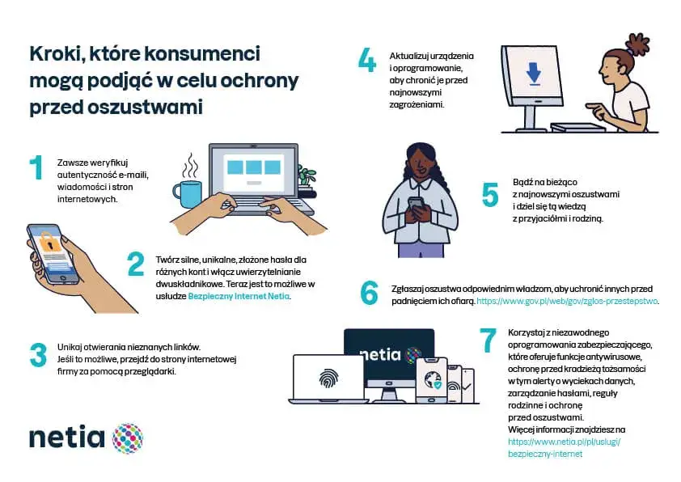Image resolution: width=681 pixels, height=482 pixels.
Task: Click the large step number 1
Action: [36, 167]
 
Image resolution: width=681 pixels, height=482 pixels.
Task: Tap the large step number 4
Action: [367, 61]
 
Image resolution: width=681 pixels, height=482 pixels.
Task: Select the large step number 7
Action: [487, 340]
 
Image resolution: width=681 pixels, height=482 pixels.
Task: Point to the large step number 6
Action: [369, 293]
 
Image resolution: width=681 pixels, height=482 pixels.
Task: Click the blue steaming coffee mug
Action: [187, 194]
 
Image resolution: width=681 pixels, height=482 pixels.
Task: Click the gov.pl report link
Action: [568, 301]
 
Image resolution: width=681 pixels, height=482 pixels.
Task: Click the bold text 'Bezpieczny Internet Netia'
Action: [239, 297]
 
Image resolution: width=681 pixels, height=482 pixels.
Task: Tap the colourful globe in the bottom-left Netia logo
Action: [127, 438]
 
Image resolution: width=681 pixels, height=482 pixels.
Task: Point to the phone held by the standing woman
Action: [417, 204]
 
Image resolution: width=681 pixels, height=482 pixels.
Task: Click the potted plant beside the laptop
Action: [307, 177]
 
